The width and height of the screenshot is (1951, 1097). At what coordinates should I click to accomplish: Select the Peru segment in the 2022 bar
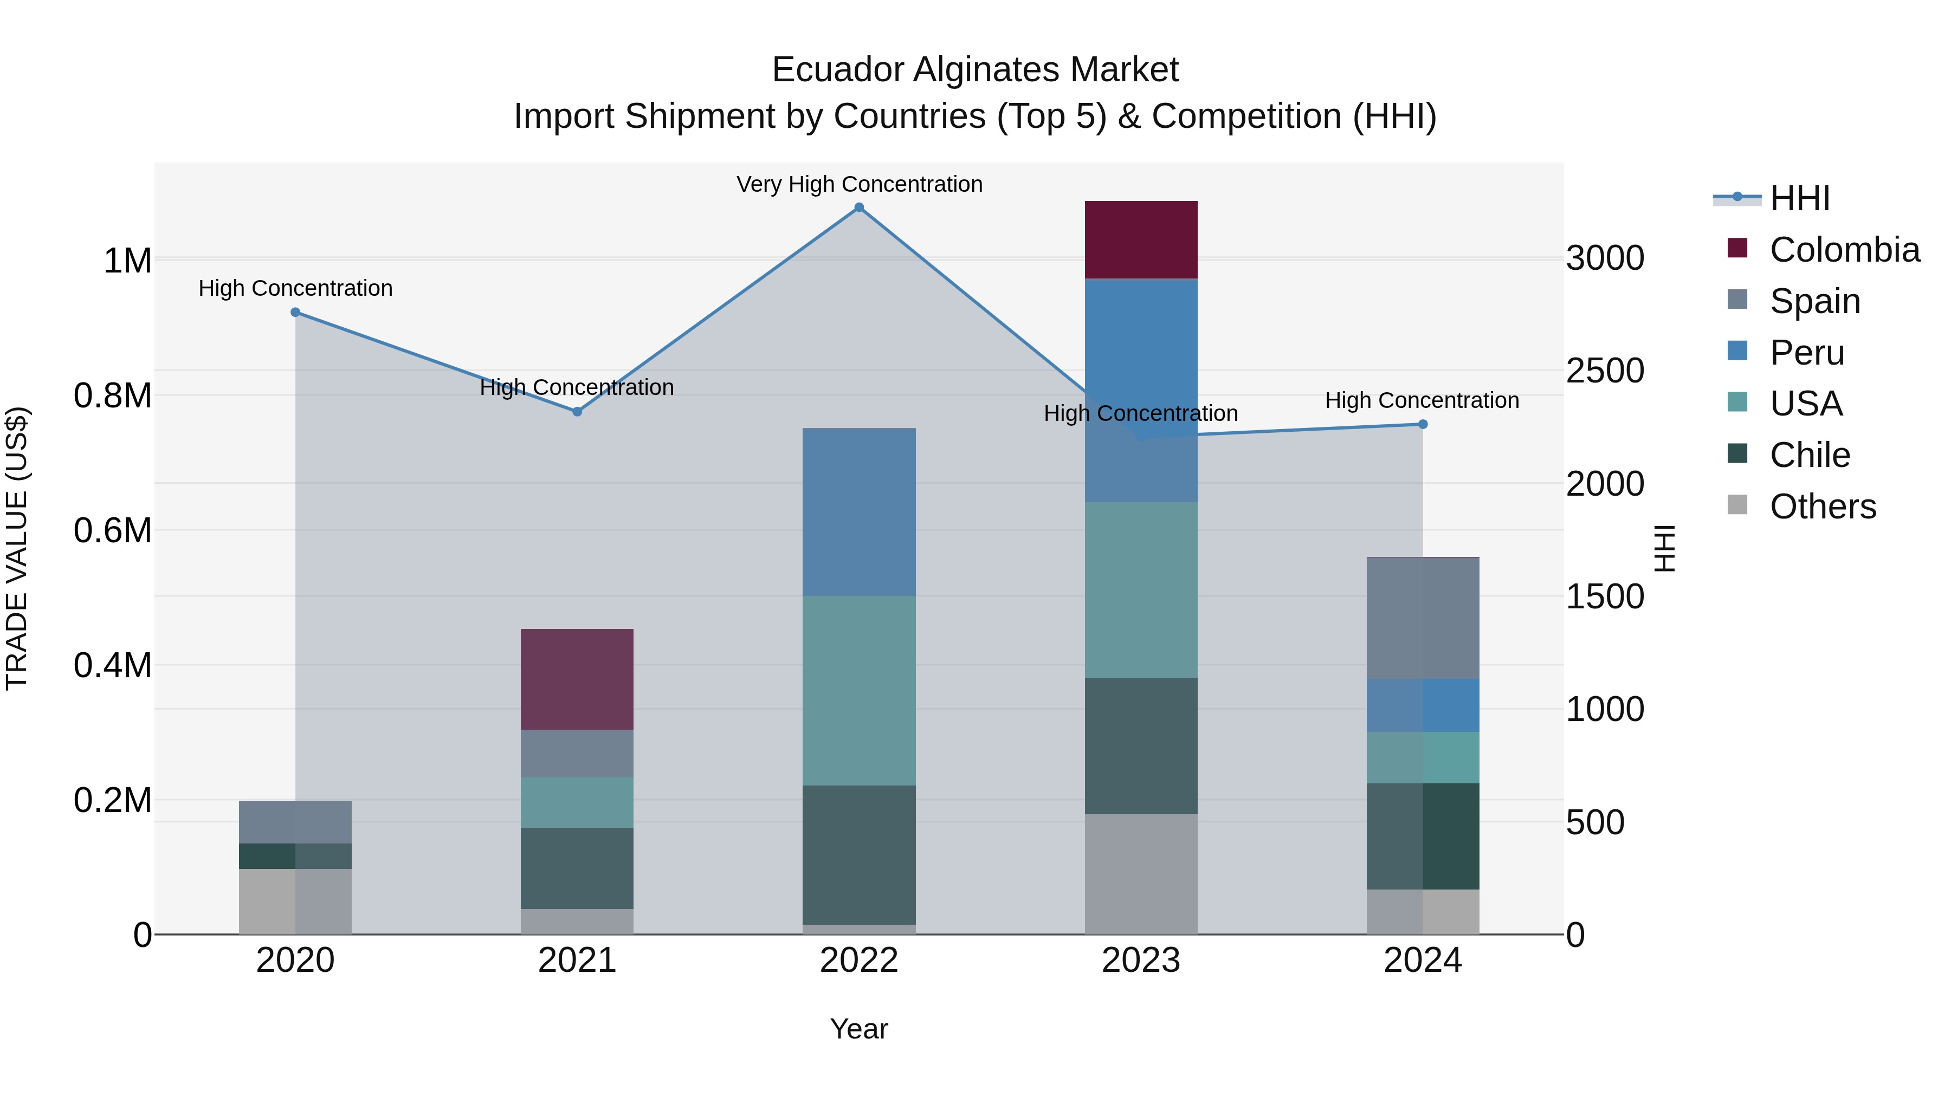click(859, 512)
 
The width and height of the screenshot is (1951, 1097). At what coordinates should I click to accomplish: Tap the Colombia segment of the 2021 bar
click(577, 679)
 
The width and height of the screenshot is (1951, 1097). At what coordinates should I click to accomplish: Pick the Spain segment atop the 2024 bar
click(1423, 618)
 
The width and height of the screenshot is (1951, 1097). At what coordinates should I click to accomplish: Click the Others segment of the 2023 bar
click(1141, 874)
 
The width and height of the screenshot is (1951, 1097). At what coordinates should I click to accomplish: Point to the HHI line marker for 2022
click(859, 207)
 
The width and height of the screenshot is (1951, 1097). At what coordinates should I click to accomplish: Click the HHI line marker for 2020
click(295, 312)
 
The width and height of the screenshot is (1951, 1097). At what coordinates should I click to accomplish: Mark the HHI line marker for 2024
click(1423, 425)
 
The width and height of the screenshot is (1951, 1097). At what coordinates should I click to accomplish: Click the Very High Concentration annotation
click(859, 184)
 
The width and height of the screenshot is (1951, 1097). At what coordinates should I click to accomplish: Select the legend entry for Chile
click(1810, 455)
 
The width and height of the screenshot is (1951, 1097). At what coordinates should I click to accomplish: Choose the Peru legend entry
click(1806, 353)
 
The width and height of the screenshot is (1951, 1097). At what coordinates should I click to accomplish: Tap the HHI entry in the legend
click(1799, 198)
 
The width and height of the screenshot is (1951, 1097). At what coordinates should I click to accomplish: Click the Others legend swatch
click(1737, 505)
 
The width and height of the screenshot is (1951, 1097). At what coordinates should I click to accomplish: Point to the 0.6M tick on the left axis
click(113, 530)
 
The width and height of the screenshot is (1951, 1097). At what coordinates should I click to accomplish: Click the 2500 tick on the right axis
click(1605, 371)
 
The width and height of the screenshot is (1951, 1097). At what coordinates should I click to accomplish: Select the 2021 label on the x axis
click(577, 960)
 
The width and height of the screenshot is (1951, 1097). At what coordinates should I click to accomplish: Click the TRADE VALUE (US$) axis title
click(17, 548)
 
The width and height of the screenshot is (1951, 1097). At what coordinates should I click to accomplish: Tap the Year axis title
click(859, 1029)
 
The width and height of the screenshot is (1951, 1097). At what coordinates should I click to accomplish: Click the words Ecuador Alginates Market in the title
click(975, 70)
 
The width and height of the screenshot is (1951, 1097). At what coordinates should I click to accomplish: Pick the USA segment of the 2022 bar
click(859, 691)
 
